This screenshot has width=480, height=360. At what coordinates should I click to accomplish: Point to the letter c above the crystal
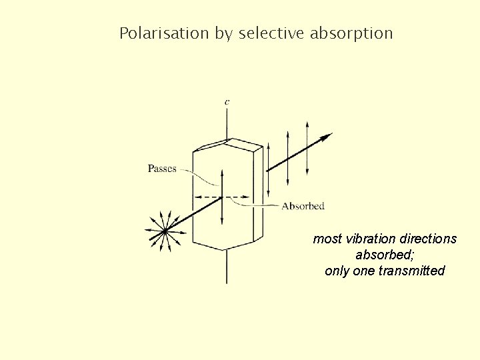click(x=227, y=102)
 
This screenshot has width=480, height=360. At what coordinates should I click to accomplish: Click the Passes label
click(x=162, y=169)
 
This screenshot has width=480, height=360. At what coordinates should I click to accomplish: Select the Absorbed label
click(x=303, y=206)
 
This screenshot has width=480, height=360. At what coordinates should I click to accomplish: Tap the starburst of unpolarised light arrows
click(x=164, y=231)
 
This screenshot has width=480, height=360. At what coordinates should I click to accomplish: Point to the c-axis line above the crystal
click(x=227, y=123)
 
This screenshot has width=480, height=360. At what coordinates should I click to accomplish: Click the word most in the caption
click(x=327, y=239)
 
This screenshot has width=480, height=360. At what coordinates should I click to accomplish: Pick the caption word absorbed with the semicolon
click(x=385, y=255)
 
